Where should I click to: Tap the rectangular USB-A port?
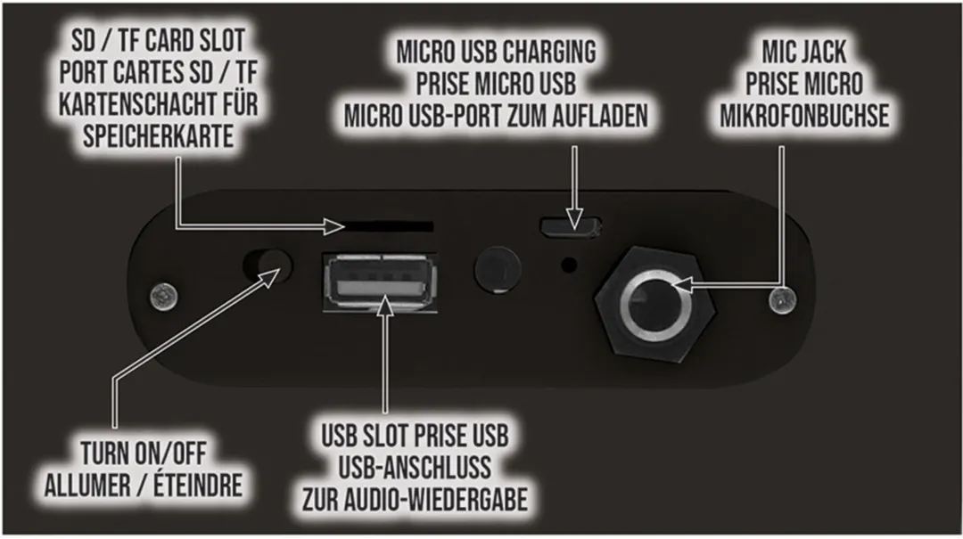point(381,283)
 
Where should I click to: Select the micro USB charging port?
point(571,225)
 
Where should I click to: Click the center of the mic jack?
point(655,303)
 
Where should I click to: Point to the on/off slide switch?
point(267,265)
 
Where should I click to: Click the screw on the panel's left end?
point(164,298)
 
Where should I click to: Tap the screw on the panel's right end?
point(783,301)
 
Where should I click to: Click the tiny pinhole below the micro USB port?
point(569,265)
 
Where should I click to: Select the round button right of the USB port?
point(498,269)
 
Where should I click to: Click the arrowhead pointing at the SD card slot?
point(334,226)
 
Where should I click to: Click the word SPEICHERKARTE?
point(159,135)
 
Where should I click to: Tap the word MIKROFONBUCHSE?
point(804,116)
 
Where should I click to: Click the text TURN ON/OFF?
point(144,453)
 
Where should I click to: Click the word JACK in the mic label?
point(822,52)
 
